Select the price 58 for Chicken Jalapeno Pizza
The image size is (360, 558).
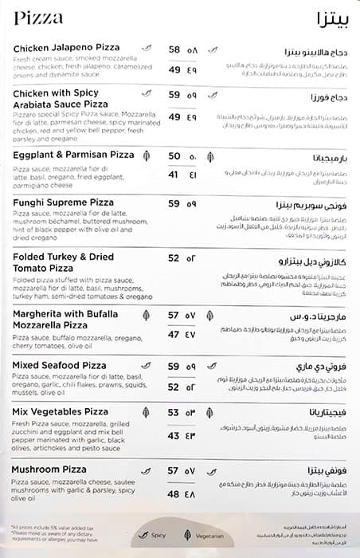(174, 49)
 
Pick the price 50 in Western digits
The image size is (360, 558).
(174, 156)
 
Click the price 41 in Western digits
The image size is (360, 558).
(174, 175)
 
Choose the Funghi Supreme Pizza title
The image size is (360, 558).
(63, 203)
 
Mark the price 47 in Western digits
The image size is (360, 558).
(174, 334)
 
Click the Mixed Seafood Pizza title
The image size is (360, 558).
(60, 365)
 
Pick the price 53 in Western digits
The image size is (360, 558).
(174, 413)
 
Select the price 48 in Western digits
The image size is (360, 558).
(174, 493)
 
